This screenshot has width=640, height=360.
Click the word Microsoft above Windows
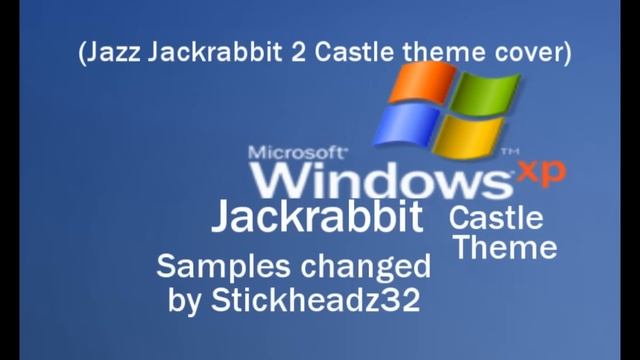(x=298, y=154)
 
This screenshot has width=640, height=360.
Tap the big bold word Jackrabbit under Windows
(x=315, y=217)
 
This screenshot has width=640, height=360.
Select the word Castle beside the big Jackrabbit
(x=496, y=219)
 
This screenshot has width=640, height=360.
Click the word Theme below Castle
(x=504, y=246)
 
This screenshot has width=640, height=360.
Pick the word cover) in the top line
(x=534, y=51)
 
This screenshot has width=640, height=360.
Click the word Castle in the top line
(x=352, y=51)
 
